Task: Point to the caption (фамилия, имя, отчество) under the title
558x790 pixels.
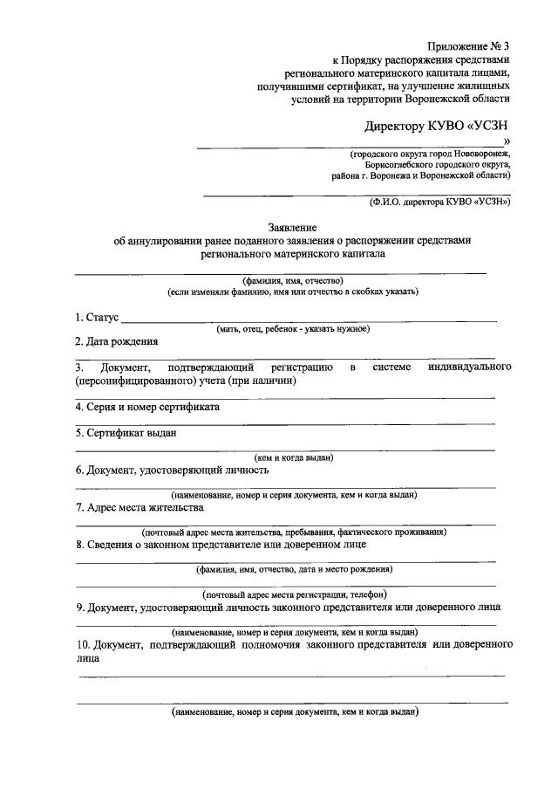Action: coord(293,280)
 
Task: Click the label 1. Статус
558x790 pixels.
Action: coord(96,317)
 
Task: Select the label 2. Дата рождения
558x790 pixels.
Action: coord(116,341)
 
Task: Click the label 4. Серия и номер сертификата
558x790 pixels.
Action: coord(147,407)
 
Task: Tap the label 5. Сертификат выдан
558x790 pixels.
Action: coord(127,431)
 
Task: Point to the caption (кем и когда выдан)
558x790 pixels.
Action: coord(293,457)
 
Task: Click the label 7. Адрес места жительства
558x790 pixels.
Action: coord(139,507)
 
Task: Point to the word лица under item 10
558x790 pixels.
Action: coord(87,660)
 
